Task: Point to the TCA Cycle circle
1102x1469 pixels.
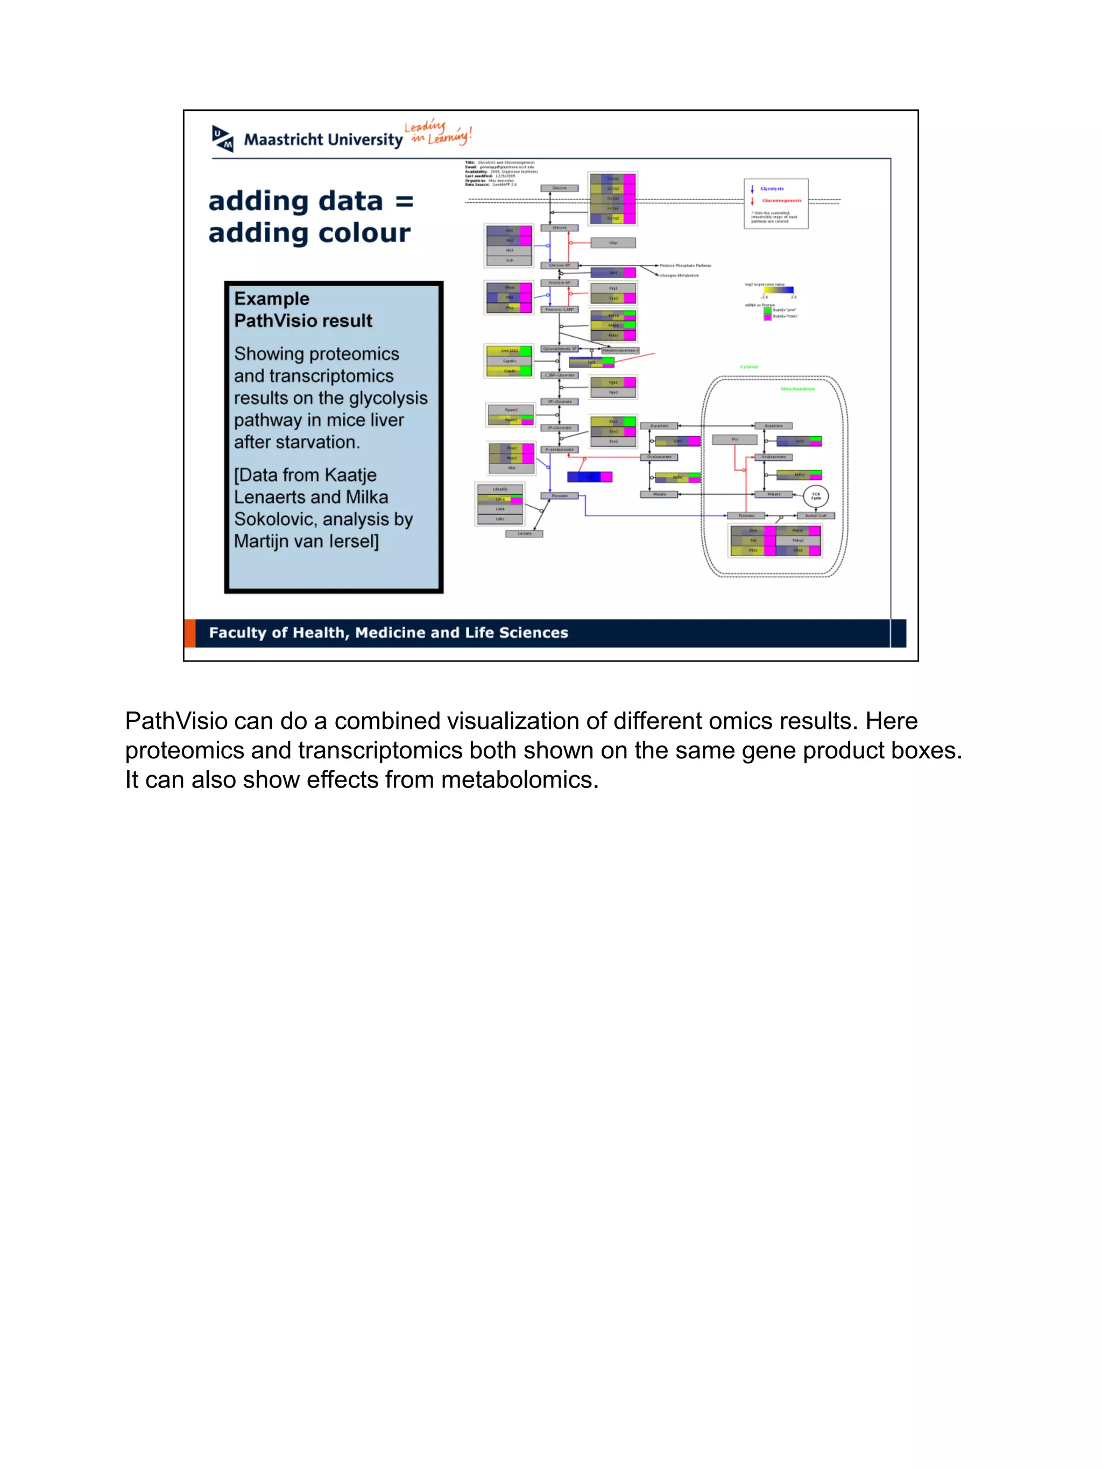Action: pyautogui.click(x=816, y=495)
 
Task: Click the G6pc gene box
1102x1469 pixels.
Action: pyautogui.click(x=613, y=243)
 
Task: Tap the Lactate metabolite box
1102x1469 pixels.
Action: pyautogui.click(x=524, y=533)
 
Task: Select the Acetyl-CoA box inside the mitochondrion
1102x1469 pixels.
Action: pyautogui.click(x=816, y=515)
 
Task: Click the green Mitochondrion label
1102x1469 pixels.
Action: pyautogui.click(x=797, y=388)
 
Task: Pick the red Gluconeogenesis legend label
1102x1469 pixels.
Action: pyautogui.click(x=781, y=201)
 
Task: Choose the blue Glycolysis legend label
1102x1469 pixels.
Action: pyautogui.click(x=772, y=189)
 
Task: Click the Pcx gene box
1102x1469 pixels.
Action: pyautogui.click(x=734, y=439)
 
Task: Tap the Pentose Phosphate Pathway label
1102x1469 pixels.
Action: pyautogui.click(x=685, y=266)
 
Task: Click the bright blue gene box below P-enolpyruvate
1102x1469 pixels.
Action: pyautogui.click(x=589, y=477)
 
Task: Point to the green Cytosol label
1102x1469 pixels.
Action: pyautogui.click(x=748, y=367)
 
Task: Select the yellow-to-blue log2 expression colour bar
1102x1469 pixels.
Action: pyautogui.click(x=779, y=290)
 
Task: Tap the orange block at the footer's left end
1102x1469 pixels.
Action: pyautogui.click(x=190, y=633)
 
